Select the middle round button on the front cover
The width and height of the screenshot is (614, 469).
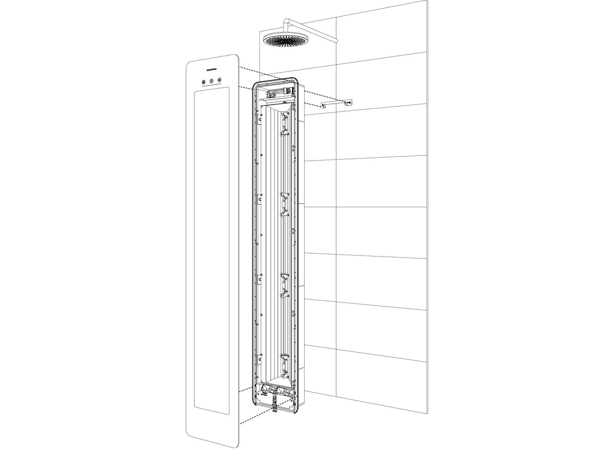211,81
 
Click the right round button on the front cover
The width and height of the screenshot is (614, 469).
220,81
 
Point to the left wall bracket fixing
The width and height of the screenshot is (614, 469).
324,106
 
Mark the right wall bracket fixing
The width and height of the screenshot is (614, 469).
347,102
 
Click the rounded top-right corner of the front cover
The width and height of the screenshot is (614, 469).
235,58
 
